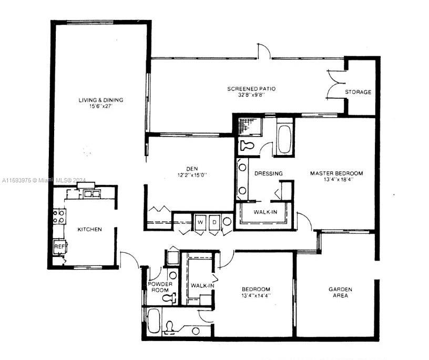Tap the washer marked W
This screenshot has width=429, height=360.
pos(200,222)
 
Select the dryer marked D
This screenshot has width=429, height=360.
pos(214,222)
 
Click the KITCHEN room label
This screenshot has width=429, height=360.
pos(90,230)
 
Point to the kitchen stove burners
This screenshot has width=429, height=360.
pos(58,216)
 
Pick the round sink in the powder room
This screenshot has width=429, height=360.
pos(173,275)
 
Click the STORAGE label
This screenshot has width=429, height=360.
pos(358,92)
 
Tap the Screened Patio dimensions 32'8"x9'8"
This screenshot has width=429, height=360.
pos(251,95)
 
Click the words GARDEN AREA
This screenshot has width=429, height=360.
pos(340,292)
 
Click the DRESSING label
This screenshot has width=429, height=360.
pos(268,173)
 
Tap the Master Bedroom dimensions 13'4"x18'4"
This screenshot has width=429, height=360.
pos(336,180)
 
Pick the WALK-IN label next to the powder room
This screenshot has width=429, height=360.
pos(202,285)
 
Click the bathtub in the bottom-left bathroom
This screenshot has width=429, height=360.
pos(154,321)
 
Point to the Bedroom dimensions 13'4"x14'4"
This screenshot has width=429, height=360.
pos(256,296)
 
